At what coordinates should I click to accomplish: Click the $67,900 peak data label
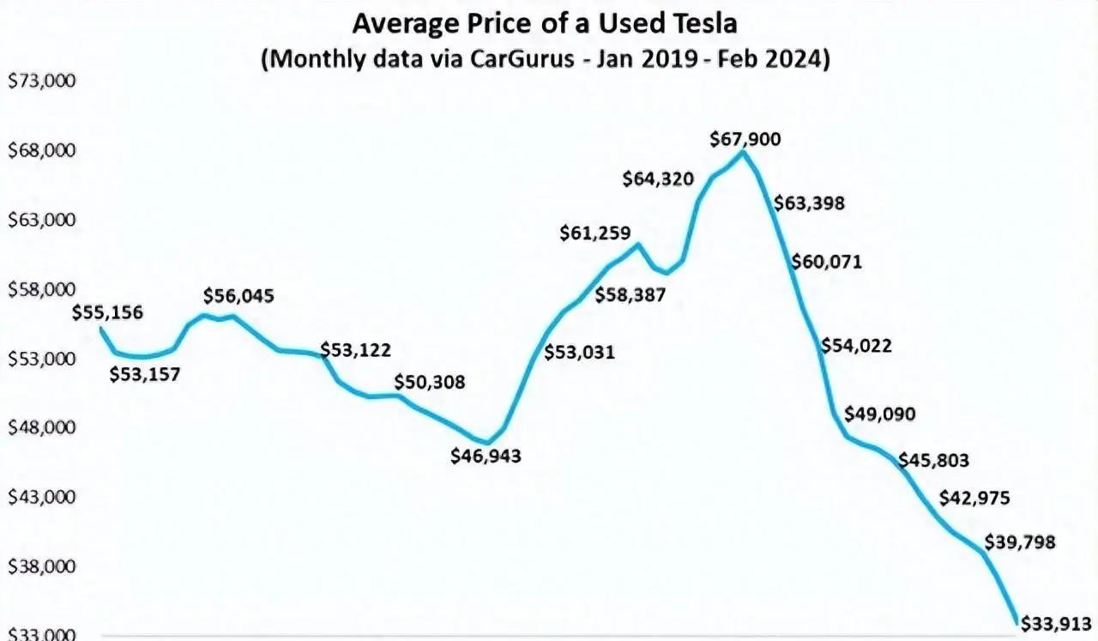pos(745,138)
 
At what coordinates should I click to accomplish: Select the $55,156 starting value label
pos(108,312)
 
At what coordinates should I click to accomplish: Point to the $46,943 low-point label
pos(486,456)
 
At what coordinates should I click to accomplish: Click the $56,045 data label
pos(238,296)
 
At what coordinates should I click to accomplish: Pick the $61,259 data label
pos(595,233)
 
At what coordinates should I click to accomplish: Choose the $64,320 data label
pos(658,179)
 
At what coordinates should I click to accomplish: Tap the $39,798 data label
pos(1020,542)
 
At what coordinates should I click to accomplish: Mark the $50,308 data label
pos(430,382)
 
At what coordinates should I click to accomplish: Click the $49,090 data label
pos(879,414)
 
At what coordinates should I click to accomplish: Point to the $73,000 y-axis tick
pos(42,82)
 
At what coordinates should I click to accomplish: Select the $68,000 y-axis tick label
pos(42,151)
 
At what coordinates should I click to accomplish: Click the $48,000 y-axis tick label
pos(42,428)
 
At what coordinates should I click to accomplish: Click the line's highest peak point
pos(743,152)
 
